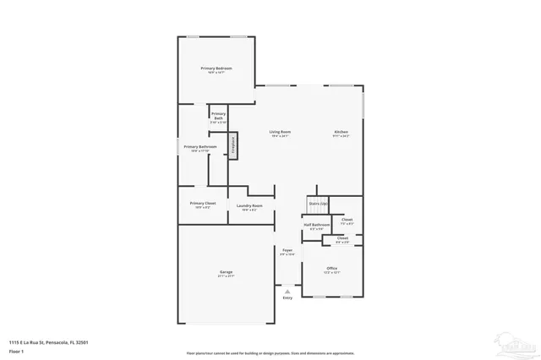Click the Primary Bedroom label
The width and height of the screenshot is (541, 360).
pyautogui.click(x=216, y=68)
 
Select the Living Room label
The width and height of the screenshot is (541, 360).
pyautogui.click(x=281, y=132)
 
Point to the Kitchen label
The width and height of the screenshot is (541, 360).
pyautogui.click(x=341, y=132)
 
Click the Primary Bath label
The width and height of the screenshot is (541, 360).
pyautogui.click(x=218, y=116)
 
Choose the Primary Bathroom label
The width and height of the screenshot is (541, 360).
pyautogui.click(x=200, y=146)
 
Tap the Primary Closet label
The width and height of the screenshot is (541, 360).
pyautogui.click(x=203, y=203)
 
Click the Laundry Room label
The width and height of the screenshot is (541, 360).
pyautogui.click(x=249, y=206)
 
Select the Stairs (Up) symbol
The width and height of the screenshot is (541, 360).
pyautogui.click(x=317, y=204)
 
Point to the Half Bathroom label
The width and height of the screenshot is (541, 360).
pyautogui.click(x=317, y=225)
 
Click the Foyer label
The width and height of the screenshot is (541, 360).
pyautogui.click(x=287, y=250)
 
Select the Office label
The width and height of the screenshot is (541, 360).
pyautogui.click(x=332, y=269)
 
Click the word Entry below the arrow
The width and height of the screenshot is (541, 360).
pyautogui.click(x=287, y=297)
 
